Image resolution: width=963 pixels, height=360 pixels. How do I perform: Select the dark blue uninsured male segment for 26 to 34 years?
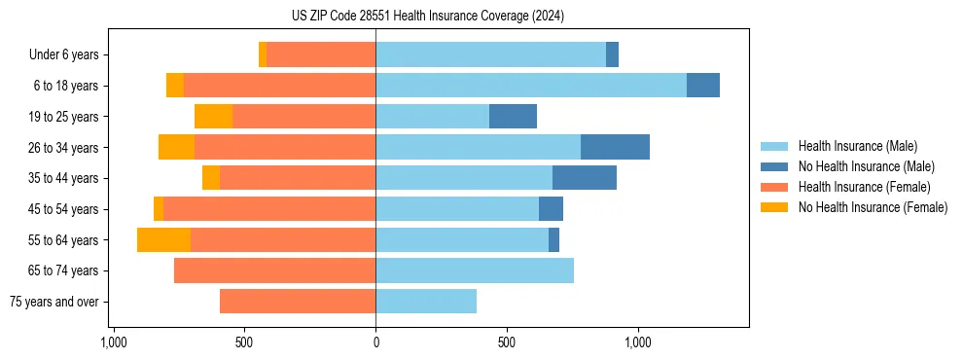coord(615,147)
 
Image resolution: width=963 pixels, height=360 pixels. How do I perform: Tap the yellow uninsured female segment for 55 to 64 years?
coord(163,239)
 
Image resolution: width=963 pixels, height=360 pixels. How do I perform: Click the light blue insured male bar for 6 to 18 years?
coord(531,86)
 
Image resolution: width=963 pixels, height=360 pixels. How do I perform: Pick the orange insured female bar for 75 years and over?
coord(298,302)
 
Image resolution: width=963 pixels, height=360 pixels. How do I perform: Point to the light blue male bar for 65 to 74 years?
coord(475,270)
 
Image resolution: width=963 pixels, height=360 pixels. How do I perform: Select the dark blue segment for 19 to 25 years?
coord(513,117)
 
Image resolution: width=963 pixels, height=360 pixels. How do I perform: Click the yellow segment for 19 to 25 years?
coord(213,117)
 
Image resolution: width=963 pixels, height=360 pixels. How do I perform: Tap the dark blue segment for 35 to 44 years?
coord(585,178)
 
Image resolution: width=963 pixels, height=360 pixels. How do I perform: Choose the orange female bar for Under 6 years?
coord(321,54)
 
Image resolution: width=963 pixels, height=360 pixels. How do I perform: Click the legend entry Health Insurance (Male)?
coord(857,146)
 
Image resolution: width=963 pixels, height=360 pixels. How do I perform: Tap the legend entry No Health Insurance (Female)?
coord(873,207)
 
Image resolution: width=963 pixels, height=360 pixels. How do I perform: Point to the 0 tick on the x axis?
coord(375,342)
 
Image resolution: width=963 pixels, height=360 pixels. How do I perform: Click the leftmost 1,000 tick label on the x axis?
coord(114,342)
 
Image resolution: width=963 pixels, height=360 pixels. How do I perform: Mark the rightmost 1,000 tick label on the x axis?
coord(638,342)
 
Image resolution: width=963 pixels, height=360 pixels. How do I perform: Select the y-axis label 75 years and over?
coord(54,302)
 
